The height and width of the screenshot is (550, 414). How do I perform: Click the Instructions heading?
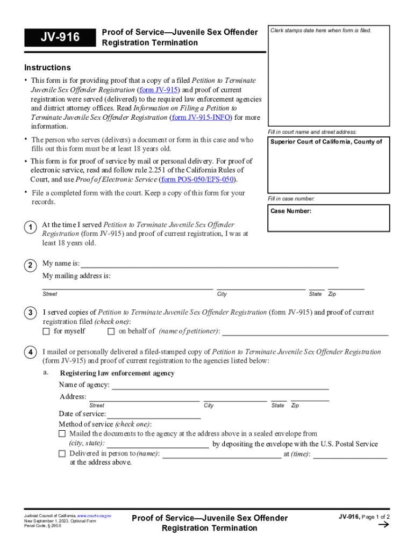click(47, 68)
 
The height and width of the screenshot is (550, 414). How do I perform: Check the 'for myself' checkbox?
click(46, 331)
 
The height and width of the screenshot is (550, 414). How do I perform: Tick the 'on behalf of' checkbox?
click(111, 331)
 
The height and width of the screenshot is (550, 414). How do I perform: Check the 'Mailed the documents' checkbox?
click(62, 433)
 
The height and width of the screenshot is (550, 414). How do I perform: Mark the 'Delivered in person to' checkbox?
click(62, 454)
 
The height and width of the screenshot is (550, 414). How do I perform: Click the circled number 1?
click(31, 228)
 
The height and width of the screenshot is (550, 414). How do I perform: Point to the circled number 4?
click(31, 352)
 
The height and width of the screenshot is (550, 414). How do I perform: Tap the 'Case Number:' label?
click(291, 211)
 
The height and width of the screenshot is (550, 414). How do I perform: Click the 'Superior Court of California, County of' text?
click(326, 142)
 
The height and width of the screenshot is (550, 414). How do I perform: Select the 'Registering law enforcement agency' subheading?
click(117, 373)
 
